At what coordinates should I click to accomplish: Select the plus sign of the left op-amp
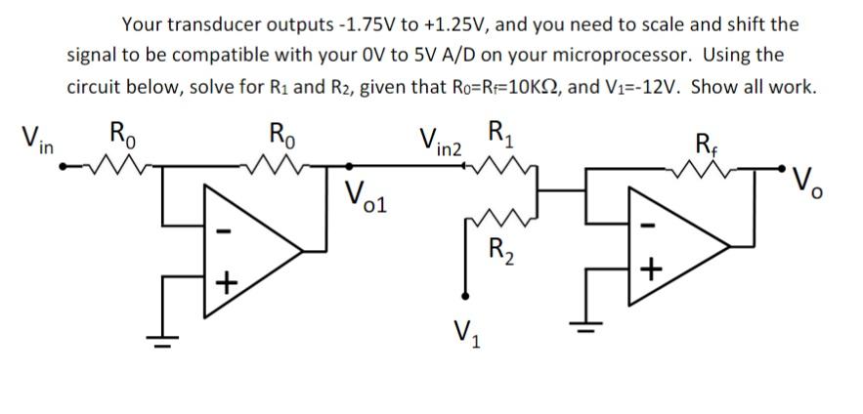click(226, 283)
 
